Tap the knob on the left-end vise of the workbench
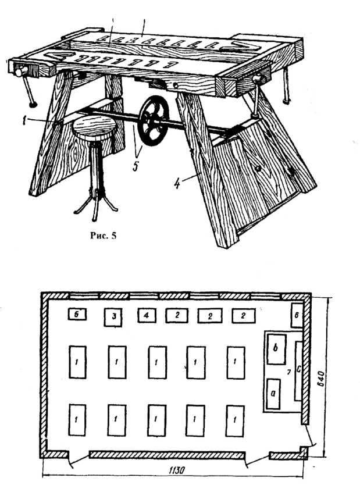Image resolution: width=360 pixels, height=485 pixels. pos(19,73)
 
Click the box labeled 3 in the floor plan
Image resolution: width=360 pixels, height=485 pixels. pos(115,317)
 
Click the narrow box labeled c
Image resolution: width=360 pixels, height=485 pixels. pos(298,371)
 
